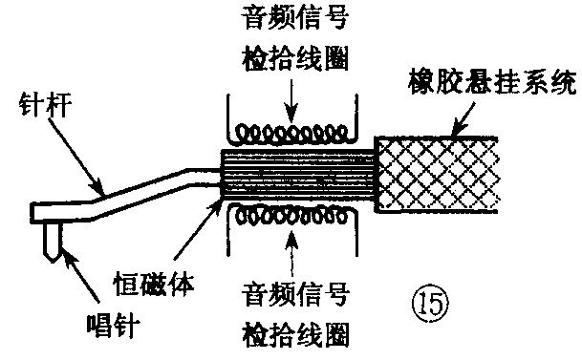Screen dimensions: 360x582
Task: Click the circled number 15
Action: click(431, 305)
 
